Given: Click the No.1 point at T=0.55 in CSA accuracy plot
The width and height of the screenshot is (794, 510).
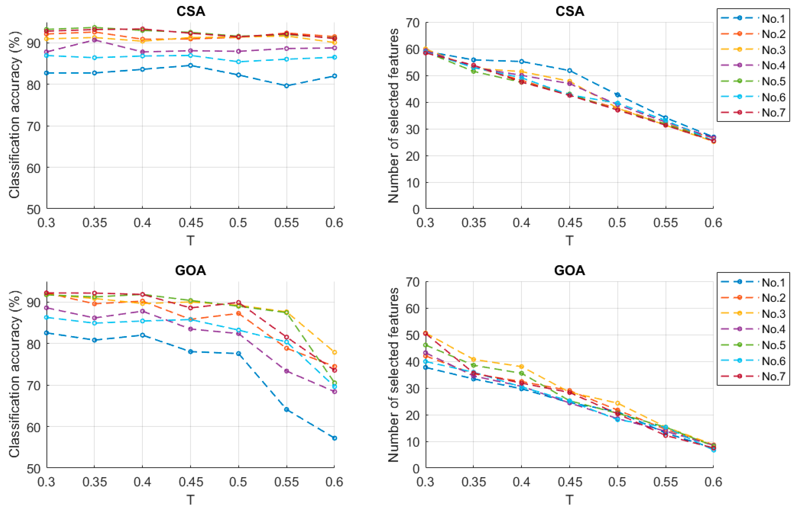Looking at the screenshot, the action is point(286,86).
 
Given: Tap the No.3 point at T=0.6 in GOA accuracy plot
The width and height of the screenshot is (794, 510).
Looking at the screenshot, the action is point(334,352).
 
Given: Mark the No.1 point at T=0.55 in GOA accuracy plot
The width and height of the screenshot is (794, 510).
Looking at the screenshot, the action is point(286,410).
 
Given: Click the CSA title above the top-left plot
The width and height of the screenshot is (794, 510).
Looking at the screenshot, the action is point(190,12).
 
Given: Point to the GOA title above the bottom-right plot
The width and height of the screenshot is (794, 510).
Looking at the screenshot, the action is point(569,270).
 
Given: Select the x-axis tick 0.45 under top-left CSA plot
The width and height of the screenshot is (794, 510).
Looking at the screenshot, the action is point(190,223).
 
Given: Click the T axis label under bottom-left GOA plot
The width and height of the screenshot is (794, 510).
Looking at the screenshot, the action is point(190,500).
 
